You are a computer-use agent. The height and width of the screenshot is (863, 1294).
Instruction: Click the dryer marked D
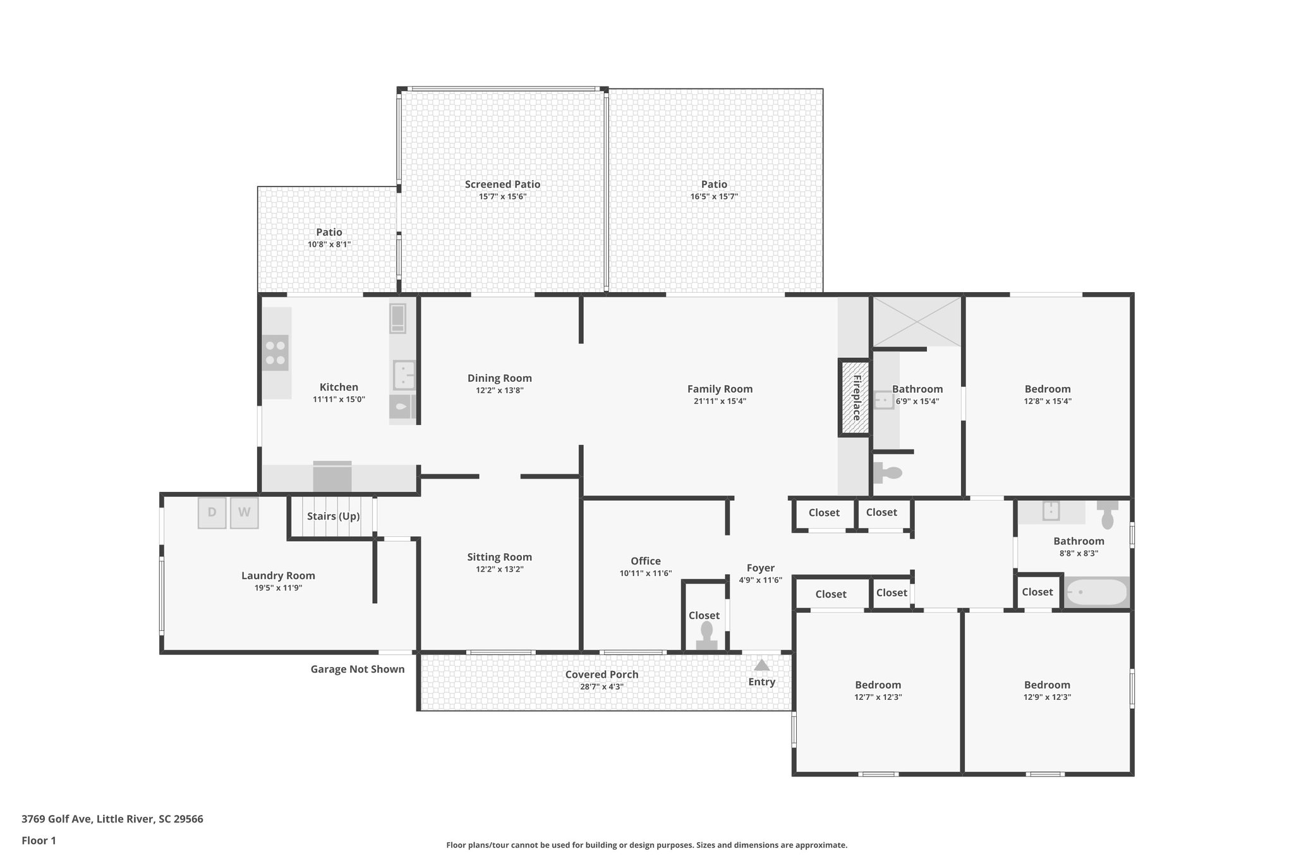[x=212, y=513]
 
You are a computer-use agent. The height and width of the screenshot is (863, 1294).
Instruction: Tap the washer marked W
[x=244, y=513]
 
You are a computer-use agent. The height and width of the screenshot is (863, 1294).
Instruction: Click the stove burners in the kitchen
[x=275, y=353]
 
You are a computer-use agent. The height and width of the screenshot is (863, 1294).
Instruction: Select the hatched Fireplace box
[x=855, y=398]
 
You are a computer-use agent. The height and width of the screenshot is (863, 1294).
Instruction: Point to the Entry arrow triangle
[x=761, y=665]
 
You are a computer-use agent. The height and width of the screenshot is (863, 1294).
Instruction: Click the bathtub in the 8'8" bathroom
[x=1096, y=592]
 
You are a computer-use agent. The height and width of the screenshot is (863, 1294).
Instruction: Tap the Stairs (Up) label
[x=333, y=517]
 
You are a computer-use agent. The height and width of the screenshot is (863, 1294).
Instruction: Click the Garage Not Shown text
[x=357, y=669]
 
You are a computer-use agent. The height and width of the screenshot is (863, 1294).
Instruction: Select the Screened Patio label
[x=502, y=185]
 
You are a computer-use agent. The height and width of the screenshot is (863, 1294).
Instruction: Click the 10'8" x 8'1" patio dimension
[x=329, y=244]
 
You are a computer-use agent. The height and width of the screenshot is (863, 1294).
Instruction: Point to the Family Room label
[x=720, y=389]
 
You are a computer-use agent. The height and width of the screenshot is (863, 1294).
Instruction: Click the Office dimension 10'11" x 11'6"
[x=645, y=573]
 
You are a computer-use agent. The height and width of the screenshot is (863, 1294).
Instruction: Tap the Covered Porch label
[x=602, y=675]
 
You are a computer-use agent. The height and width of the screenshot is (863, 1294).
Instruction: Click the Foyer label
[x=760, y=568]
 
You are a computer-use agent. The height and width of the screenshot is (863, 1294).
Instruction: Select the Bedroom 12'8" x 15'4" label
[x=1047, y=389]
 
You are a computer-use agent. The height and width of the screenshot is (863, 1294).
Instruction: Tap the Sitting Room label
[x=499, y=557]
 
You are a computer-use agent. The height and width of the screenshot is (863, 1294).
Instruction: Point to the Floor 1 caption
[x=39, y=840]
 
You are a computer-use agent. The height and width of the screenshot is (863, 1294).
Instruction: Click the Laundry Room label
[x=278, y=575]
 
